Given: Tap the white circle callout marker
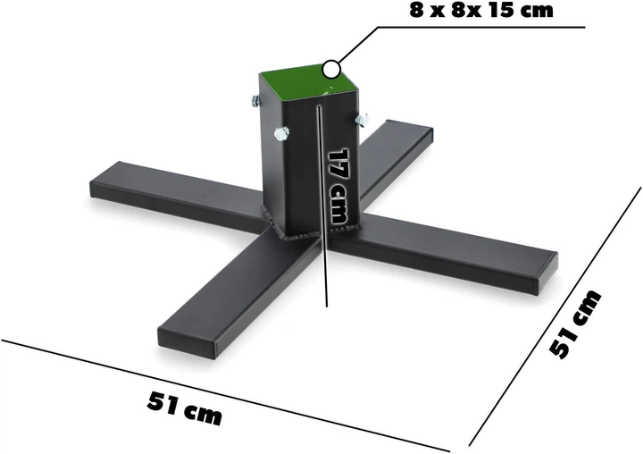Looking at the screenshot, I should [x=332, y=66].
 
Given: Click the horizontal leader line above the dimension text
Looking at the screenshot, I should [x=482, y=28].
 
